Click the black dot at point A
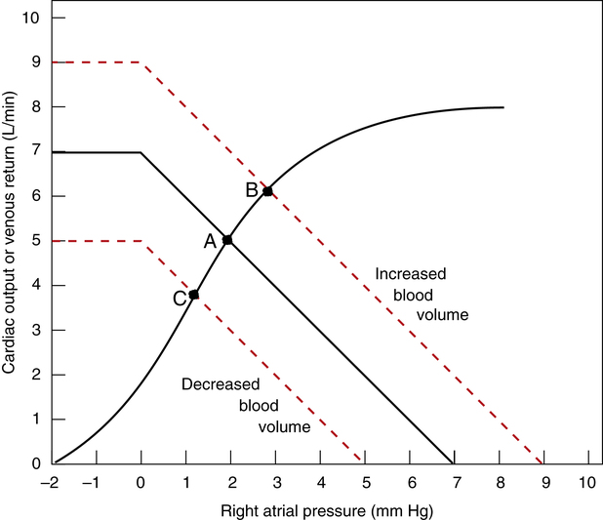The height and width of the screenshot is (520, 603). click(227, 239)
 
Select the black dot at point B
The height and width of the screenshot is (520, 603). click(267, 191)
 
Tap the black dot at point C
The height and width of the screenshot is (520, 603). click(194, 294)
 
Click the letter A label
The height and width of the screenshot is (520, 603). click(209, 242)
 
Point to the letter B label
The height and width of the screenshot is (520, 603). click(251, 190)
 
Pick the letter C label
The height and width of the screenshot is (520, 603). click(180, 298)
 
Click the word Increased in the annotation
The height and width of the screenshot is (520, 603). click(411, 275)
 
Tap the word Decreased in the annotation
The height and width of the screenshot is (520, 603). click(220, 383)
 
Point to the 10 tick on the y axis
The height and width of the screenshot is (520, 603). click(30, 18)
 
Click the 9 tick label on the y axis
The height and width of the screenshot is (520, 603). click(34, 62)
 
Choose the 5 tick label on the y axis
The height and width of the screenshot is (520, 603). click(34, 241)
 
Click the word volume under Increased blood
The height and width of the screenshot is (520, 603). click(445, 315)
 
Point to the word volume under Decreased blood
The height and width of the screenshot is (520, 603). click(284, 426)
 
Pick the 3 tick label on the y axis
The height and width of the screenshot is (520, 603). click(34, 330)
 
